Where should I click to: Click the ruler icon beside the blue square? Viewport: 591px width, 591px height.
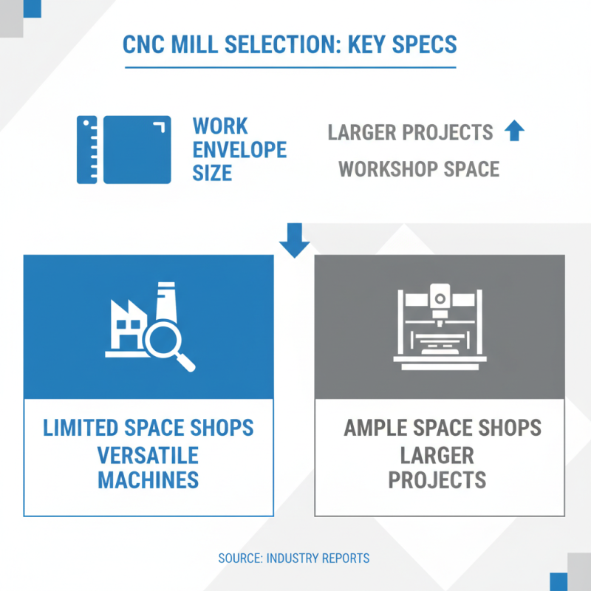[87, 149]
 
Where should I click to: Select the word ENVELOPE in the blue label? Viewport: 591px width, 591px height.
[239, 150]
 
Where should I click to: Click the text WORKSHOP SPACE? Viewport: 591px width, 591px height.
[419, 169]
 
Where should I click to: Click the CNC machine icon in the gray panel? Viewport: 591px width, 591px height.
[440, 327]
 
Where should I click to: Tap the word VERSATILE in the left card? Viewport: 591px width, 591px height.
[148, 454]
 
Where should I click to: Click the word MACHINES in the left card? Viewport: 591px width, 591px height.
[148, 479]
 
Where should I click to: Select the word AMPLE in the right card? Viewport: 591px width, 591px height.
[378, 428]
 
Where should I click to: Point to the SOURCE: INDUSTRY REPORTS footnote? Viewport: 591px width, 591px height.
[294, 558]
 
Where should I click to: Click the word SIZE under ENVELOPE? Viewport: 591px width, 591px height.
[212, 174]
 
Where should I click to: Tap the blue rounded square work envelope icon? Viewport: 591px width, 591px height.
[137, 149]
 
